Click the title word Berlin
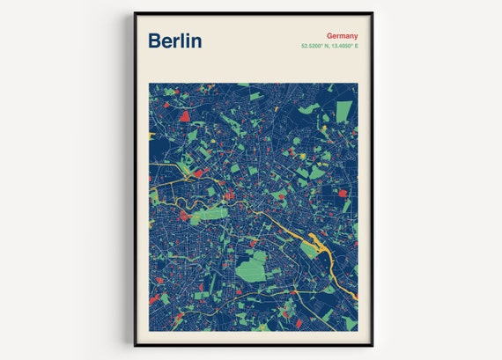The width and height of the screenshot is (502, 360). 174,40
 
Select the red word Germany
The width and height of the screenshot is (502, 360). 340,36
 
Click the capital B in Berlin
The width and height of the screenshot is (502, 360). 154,40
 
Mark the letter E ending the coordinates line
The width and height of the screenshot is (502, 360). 357,46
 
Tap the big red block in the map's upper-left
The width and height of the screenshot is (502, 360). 185,115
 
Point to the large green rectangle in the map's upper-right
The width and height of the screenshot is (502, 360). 343,110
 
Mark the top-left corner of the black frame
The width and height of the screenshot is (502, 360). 135,13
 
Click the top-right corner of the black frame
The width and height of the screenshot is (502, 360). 373,13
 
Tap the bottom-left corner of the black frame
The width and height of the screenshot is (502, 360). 135,345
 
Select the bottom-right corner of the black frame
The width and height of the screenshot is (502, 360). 373,345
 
